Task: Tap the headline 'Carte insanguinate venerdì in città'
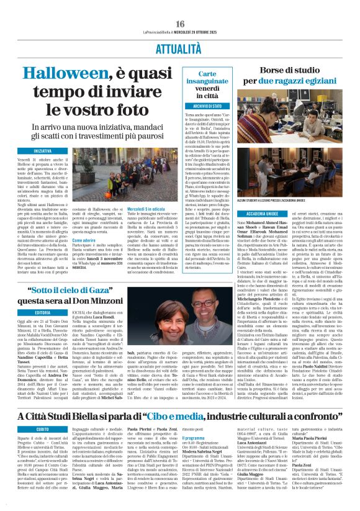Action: click(x=203, y=93)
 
